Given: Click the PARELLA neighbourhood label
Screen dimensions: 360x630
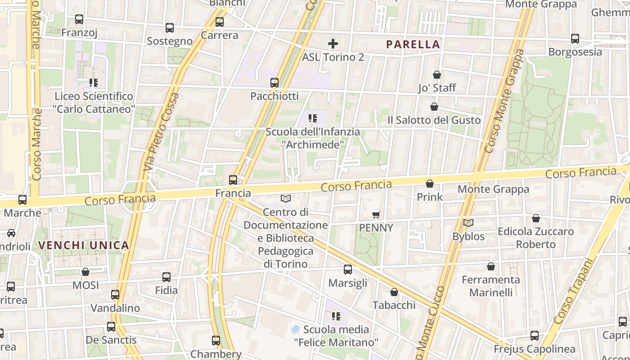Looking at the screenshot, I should (x=413, y=44).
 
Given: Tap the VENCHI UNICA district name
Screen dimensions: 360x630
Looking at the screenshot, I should (x=84, y=245).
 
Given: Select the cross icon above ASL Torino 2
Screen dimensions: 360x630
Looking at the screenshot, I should (x=333, y=44).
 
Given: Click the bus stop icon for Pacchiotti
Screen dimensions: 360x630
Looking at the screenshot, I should (x=274, y=83).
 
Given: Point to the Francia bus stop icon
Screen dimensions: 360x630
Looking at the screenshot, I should (x=233, y=180).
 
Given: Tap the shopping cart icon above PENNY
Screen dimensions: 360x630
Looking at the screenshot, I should (x=376, y=215).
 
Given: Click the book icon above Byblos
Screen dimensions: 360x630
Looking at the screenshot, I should (x=468, y=223).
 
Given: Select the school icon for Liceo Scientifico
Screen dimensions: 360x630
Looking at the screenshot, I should (x=94, y=83).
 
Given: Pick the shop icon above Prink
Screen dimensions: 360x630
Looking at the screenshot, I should (x=430, y=184).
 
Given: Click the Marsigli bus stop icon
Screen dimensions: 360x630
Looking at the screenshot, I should (x=348, y=270).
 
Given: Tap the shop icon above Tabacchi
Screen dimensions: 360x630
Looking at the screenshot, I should (x=394, y=292).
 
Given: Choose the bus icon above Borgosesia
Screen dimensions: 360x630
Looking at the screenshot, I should (x=575, y=39).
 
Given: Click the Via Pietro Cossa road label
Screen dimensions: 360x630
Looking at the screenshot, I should (x=161, y=131).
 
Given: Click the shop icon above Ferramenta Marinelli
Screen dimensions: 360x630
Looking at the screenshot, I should (x=491, y=266).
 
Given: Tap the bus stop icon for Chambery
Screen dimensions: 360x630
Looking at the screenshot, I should (x=216, y=341).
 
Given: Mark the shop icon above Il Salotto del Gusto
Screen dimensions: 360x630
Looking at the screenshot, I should (x=434, y=107).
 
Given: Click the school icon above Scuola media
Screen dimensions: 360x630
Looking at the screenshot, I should (x=336, y=316).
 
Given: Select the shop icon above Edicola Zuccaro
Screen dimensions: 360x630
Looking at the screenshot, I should (x=536, y=218).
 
